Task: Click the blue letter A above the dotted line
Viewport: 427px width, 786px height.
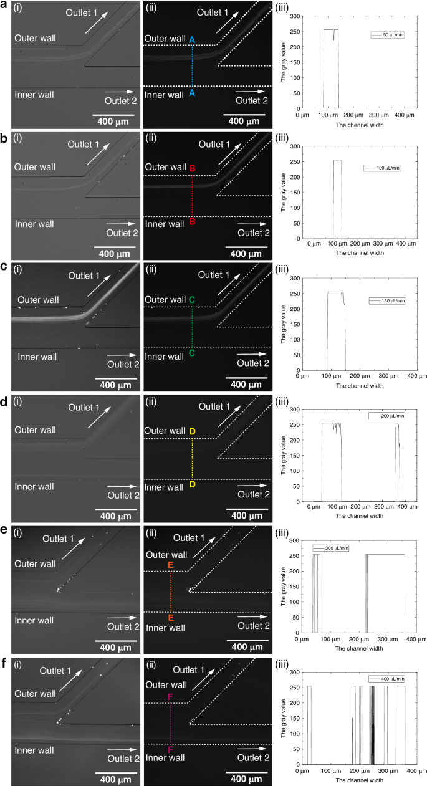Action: point(192,40)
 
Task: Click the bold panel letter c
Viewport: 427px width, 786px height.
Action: point(4,268)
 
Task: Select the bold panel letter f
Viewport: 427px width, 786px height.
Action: point(4,663)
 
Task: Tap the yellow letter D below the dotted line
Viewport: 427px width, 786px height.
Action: point(192,484)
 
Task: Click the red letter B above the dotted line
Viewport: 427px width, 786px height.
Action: point(192,169)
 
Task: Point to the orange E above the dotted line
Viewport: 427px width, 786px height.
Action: point(171,565)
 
